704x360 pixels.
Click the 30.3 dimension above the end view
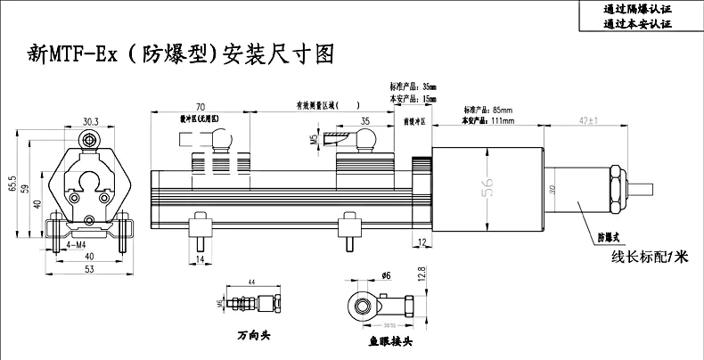(x=91, y=121)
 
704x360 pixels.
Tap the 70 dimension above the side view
(x=201, y=105)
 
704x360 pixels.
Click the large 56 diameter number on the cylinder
(x=487, y=184)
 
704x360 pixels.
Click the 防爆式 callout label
(x=606, y=237)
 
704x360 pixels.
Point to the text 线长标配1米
(x=650, y=257)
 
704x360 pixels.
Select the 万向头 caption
(x=253, y=337)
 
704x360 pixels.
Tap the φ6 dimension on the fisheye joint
(x=386, y=275)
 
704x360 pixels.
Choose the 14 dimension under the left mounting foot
(x=201, y=258)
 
